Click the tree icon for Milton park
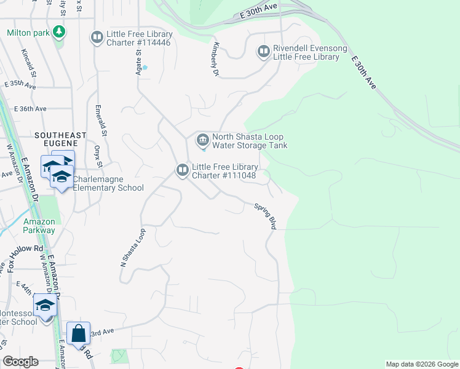[59, 31]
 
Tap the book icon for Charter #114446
[97, 38]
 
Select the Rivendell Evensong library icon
[264, 52]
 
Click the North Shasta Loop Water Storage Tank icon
[202, 141]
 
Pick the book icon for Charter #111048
[182, 170]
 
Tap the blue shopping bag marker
[78, 333]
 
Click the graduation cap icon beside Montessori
[46, 304]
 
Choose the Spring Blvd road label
[265, 216]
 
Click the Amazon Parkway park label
[39, 226]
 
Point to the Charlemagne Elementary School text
[108, 183]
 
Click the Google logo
[20, 362]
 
